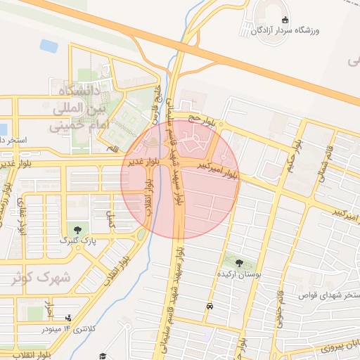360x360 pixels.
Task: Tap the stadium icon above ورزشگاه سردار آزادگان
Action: [284, 20]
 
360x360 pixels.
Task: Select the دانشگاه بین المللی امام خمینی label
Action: [77, 108]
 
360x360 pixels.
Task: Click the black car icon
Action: [210, 307]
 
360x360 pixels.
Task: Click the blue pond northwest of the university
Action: [49, 46]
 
